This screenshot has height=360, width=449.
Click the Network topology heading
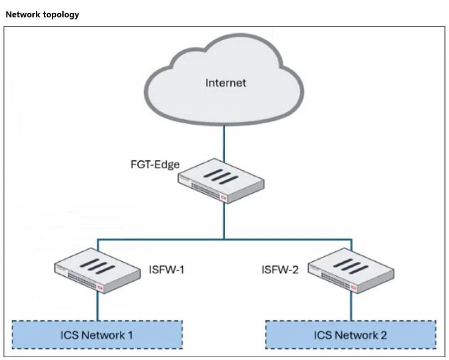42,14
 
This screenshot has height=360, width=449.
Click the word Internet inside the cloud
226,83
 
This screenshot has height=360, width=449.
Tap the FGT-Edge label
155,165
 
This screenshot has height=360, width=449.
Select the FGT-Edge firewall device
221,181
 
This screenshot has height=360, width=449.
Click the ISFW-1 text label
167,270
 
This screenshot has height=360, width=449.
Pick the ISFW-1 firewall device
97,270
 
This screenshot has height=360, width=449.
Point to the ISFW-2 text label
280,270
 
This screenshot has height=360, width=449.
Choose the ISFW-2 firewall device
351,270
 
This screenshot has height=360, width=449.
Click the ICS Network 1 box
97,335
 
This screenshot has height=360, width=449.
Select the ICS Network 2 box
351,335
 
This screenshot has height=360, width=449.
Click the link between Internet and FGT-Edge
224,144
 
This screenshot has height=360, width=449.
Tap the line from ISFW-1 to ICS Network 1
97,306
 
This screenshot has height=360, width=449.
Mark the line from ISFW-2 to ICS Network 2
352,306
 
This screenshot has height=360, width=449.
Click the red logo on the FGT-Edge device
223,197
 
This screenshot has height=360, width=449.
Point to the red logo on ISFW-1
100,287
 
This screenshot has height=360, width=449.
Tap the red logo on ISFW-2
354,287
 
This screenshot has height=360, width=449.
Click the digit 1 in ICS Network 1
130,335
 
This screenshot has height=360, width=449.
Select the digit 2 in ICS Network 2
384,335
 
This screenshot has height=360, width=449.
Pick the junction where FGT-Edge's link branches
224,239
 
